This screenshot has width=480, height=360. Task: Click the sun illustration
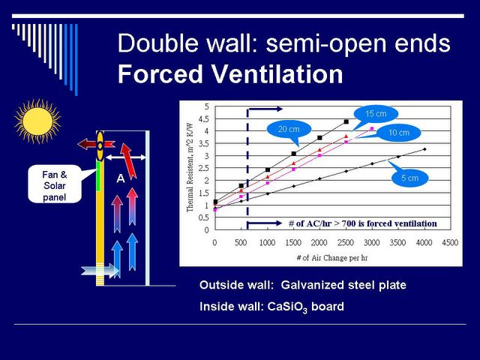(x=37, y=121)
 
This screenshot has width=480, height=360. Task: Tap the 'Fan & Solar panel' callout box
(x=55, y=184)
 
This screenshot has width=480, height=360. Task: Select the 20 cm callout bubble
(x=289, y=130)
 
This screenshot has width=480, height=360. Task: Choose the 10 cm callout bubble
(x=398, y=133)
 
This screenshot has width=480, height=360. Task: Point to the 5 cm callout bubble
(x=409, y=178)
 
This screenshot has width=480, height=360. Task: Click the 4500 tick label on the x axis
(x=450, y=243)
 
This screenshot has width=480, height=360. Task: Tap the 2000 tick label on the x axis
(x=319, y=243)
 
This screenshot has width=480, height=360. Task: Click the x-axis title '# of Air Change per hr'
(x=331, y=258)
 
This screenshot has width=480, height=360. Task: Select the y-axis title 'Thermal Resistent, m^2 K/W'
(x=190, y=168)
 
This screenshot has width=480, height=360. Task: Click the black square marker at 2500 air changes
(x=346, y=121)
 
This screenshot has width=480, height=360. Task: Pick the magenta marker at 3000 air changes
(x=372, y=128)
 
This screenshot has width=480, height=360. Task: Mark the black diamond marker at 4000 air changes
(x=424, y=149)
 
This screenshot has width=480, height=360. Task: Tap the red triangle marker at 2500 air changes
(x=346, y=136)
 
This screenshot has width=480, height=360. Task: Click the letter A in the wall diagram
(x=121, y=178)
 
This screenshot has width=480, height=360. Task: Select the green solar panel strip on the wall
(x=98, y=176)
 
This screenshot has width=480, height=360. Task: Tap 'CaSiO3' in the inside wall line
(x=287, y=307)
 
